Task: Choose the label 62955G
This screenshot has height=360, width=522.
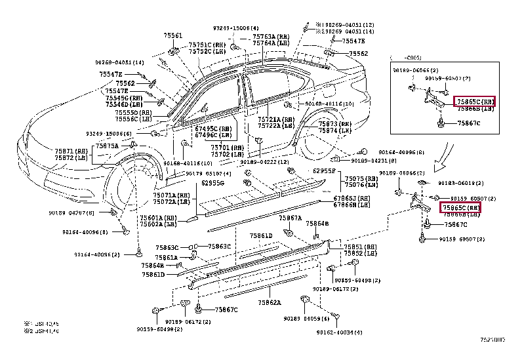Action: coord(212,183)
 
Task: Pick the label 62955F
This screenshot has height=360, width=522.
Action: coord(324,170)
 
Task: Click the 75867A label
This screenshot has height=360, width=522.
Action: coord(290,218)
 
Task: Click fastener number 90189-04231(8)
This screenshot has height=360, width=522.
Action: coord(373,160)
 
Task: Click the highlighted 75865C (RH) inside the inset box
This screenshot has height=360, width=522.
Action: coord(474,102)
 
